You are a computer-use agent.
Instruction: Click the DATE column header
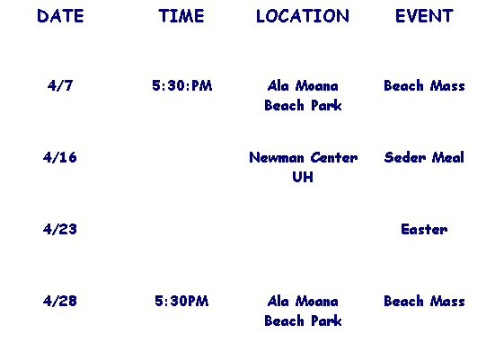click(x=60, y=16)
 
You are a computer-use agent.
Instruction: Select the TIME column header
click(x=181, y=16)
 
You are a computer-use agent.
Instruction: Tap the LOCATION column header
click(x=303, y=16)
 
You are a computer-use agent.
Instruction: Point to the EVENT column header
click(x=424, y=16)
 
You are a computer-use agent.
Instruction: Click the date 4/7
click(x=60, y=85)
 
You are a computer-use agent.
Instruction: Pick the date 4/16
click(x=60, y=157)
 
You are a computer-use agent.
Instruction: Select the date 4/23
click(x=60, y=229)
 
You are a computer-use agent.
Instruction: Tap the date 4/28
click(x=60, y=301)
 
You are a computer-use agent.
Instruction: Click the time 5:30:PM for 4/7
click(x=182, y=85)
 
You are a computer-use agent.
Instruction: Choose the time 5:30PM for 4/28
click(x=181, y=301)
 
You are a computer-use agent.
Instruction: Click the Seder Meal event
click(x=424, y=157)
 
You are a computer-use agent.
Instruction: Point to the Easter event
click(x=424, y=229)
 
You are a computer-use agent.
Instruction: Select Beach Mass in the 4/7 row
click(x=424, y=85)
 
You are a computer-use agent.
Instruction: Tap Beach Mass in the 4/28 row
click(x=424, y=301)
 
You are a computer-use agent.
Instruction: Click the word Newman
click(x=277, y=157)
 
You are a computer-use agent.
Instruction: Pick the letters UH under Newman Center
click(x=303, y=177)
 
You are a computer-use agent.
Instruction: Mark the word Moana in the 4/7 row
click(x=316, y=85)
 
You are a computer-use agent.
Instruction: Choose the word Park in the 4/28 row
click(x=326, y=320)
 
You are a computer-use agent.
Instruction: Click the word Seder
click(x=405, y=157)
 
